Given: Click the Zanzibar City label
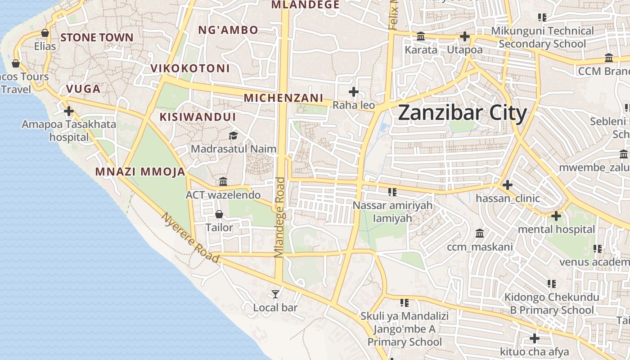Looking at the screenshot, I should tap(462, 113).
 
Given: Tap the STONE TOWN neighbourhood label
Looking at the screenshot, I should tap(97, 37).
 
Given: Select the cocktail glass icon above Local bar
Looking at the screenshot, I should tap(275, 294).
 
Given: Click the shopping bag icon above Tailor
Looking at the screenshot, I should tap(219, 214).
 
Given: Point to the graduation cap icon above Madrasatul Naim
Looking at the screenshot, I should tap(233, 135).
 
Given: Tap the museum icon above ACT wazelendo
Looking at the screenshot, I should tap(223, 182).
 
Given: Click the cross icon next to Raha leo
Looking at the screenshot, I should tap(354, 92).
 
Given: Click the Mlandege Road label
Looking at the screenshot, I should tap(280, 217).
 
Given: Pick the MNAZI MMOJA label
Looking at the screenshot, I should tap(140, 171).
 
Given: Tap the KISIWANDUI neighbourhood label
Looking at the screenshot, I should tap(198, 117).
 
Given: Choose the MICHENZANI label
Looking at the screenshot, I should tap(283, 98).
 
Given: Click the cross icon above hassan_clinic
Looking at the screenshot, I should tap(508, 185).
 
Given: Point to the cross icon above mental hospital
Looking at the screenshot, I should tap(556, 216).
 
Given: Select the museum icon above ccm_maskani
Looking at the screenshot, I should tap(480, 234).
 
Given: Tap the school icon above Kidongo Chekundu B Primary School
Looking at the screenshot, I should tap(552, 284).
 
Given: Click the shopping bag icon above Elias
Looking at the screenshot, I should tap(45, 33).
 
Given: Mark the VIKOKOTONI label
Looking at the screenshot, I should tap(190, 68).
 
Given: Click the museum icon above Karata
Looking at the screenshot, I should tap(421, 36).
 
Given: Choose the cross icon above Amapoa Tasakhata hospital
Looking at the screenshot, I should tap(69, 111).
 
